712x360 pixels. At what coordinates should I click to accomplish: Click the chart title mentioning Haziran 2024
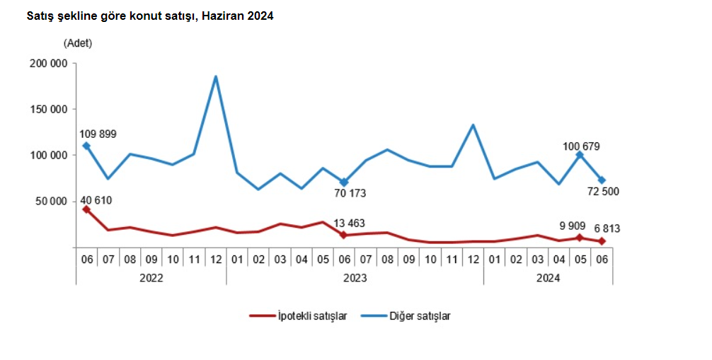[149, 16]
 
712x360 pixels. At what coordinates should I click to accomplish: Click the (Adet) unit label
[78, 42]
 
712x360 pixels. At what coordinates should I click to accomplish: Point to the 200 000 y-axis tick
[47, 64]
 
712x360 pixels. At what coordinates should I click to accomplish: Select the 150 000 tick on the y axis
[47, 110]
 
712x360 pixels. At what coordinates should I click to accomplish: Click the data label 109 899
[98, 134]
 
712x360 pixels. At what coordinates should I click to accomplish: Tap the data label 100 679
[582, 146]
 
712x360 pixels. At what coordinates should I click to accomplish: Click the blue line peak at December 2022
[215, 77]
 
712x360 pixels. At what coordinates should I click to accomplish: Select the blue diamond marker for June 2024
[602, 180]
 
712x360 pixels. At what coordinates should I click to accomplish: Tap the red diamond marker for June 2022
[86, 209]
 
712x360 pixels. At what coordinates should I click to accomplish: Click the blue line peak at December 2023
[473, 125]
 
